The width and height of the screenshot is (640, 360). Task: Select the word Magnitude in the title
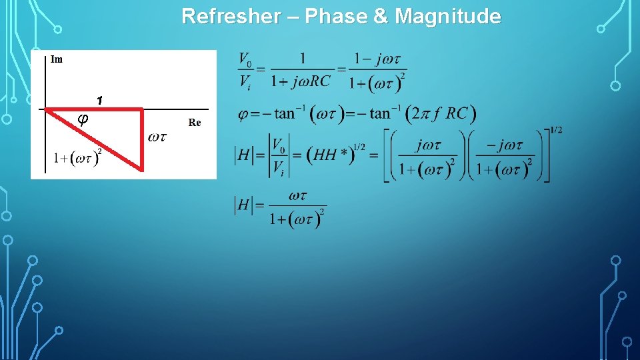(448, 16)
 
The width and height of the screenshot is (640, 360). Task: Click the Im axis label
(57, 59)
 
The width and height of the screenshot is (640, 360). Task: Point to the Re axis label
(195, 123)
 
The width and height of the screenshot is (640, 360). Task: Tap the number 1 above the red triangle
(99, 101)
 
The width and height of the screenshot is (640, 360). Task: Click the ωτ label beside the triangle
(157, 137)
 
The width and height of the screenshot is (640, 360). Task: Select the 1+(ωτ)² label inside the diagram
(78, 158)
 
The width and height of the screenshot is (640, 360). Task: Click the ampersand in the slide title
(381, 16)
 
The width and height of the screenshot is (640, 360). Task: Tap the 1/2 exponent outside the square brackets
(556, 130)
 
